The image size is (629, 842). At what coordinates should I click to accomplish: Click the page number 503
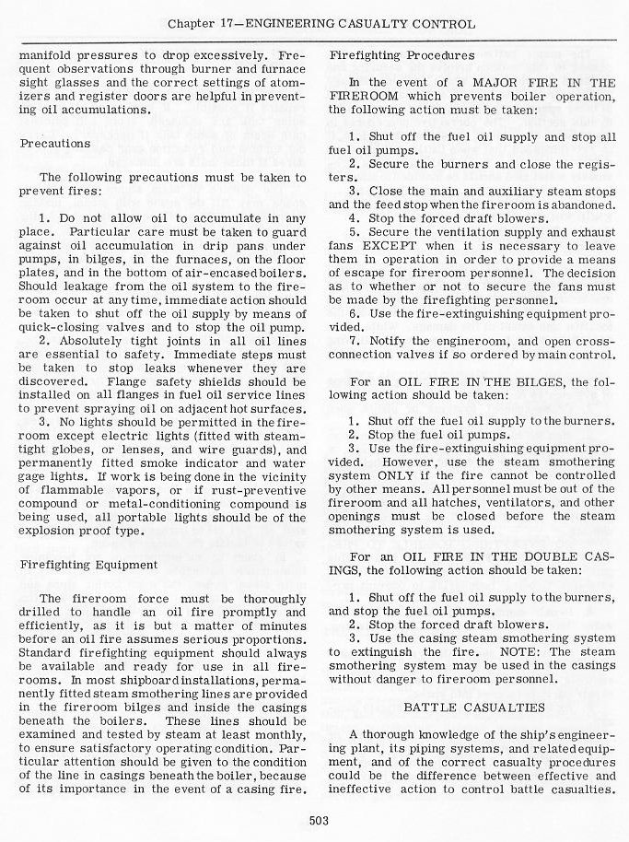320,820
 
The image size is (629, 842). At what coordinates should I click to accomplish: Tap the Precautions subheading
55,143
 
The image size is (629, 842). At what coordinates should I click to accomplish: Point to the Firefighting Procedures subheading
402,55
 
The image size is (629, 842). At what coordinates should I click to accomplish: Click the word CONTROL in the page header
446,24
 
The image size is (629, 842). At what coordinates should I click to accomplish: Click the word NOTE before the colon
522,652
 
